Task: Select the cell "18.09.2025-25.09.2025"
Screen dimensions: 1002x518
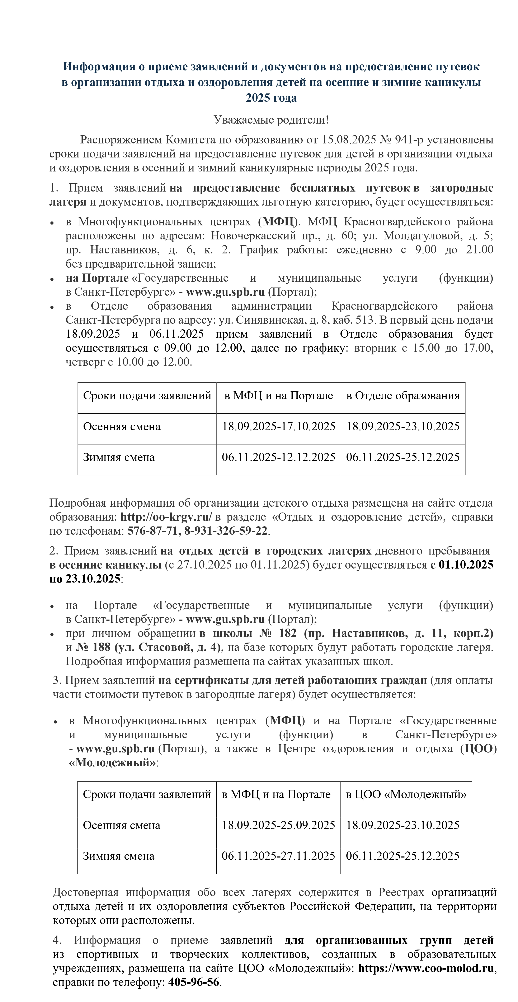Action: (278, 825)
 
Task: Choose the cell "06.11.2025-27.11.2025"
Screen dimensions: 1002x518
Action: (278, 856)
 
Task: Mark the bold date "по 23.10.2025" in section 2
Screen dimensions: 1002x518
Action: (85, 579)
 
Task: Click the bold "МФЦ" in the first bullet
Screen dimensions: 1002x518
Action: (278, 222)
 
